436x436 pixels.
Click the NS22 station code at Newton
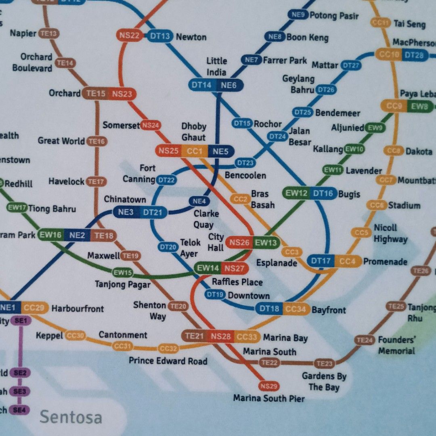coord(129,36)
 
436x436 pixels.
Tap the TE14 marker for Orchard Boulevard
coord(65,63)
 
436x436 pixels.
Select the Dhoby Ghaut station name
coord(193,132)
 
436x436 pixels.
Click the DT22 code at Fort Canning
coord(166,180)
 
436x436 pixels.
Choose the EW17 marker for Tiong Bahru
coord(17,208)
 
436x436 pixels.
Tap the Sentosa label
coord(70,417)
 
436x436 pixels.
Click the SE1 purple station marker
coord(20,321)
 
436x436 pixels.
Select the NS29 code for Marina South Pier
coord(269,386)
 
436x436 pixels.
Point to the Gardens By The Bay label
coord(324,381)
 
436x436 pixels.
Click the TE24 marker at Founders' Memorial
coord(364,340)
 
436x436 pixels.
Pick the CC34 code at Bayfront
coord(296,309)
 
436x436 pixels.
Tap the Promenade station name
coord(385,262)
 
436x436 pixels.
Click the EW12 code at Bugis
coord(297,193)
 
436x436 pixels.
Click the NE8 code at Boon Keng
coord(275,37)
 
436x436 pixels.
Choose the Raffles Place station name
coord(237,282)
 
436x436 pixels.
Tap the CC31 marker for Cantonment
coord(122,346)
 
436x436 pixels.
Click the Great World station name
coord(61,141)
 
